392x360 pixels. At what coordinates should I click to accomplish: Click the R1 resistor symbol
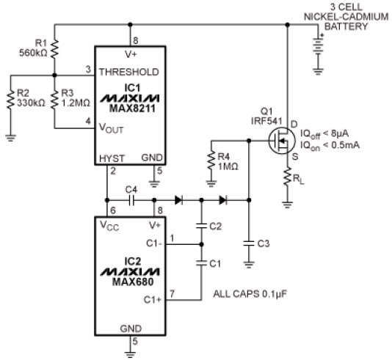click(55, 48)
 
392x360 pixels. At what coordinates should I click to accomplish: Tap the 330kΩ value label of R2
click(31, 103)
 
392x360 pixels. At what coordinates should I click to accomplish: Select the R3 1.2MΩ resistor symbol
click(55, 100)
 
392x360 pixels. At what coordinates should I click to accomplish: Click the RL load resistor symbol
click(288, 176)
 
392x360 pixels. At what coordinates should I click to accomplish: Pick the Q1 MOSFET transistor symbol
click(280, 141)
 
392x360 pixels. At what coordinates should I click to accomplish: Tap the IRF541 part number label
click(266, 121)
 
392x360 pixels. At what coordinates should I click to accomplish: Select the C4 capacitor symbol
click(131, 200)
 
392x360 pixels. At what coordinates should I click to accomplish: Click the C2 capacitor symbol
click(202, 226)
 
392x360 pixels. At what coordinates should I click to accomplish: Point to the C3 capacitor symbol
click(249, 243)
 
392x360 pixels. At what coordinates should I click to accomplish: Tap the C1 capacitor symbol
click(202, 263)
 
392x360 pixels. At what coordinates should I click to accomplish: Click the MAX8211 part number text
click(132, 109)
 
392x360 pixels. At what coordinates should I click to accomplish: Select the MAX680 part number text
click(133, 282)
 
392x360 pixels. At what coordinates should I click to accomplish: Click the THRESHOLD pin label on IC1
click(129, 72)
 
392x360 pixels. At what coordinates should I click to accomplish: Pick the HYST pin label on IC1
click(112, 158)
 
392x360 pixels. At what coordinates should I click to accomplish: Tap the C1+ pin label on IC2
click(153, 300)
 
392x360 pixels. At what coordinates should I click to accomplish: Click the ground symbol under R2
click(10, 138)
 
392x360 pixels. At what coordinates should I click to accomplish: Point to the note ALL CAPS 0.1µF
click(250, 294)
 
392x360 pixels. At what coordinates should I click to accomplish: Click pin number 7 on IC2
click(172, 293)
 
